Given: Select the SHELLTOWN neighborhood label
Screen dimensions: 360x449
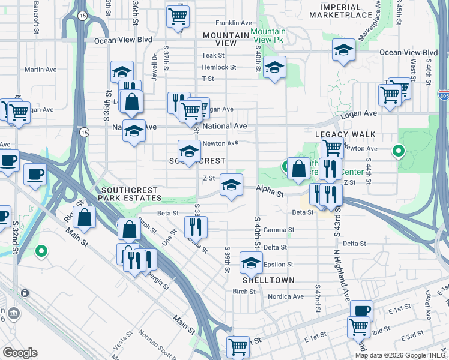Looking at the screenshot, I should [268, 280].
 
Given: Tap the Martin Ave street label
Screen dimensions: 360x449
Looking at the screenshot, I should [41, 70].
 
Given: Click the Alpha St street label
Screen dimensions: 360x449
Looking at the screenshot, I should [271, 194].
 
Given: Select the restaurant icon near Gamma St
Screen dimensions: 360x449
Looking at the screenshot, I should [196, 227].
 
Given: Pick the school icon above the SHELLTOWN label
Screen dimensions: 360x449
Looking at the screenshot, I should [251, 263].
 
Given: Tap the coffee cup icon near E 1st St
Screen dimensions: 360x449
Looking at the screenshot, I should [361, 311].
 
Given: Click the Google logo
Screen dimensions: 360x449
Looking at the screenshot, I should [20, 353].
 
